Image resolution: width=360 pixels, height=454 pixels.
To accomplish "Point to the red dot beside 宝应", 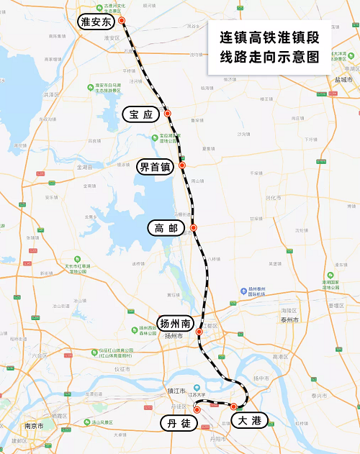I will pyautogui.click(x=167, y=113).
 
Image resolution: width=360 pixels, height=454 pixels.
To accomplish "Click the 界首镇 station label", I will pyautogui.click(x=155, y=167).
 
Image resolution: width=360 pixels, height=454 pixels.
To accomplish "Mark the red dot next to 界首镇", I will pyautogui.click(x=182, y=165).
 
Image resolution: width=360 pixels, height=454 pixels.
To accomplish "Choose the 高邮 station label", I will pyautogui.click(x=165, y=228).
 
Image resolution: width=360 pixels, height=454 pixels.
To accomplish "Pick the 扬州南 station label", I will pyautogui.click(x=175, y=322).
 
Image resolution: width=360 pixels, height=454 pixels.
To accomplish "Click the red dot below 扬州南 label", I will pyautogui.click(x=199, y=332).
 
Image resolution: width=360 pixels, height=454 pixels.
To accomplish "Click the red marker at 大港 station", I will pyautogui.click(x=234, y=407).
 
